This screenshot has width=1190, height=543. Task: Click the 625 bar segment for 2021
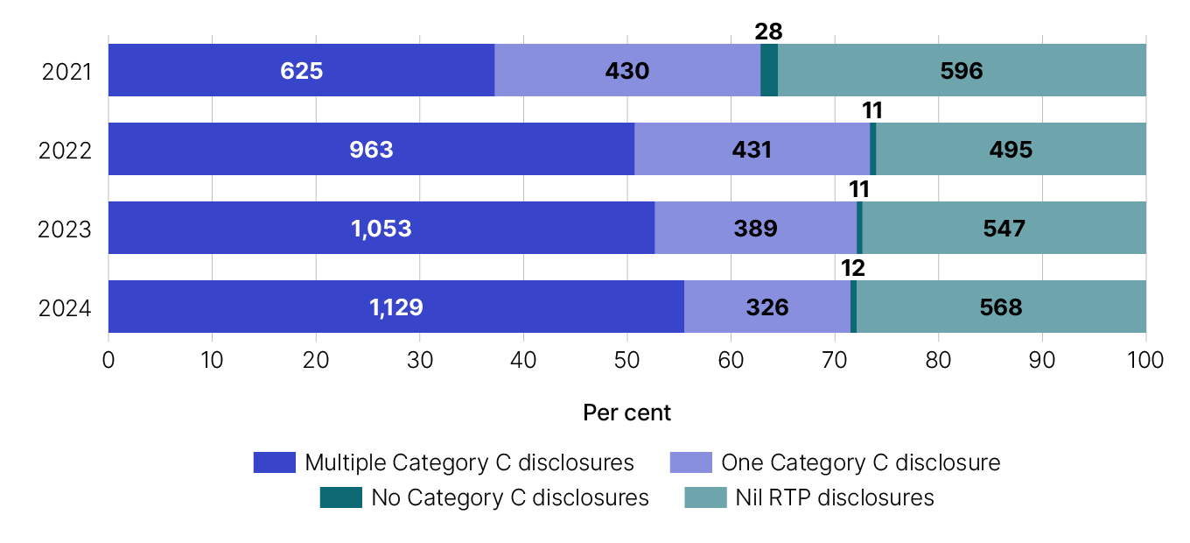[301, 70]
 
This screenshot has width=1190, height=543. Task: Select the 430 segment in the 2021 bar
[626, 70]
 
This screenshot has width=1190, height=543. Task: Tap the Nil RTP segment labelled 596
[962, 70]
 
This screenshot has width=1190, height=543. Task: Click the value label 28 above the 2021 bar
[768, 32]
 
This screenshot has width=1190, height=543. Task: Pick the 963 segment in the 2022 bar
[371, 149]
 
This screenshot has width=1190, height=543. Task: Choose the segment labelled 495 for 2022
[1011, 149]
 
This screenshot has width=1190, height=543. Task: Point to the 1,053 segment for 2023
[381, 228]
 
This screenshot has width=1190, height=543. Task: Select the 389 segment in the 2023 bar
[755, 228]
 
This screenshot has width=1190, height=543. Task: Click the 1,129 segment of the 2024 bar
[395, 307]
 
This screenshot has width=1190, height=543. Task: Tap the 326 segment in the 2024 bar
[766, 307]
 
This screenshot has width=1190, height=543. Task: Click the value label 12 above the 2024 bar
[853, 268]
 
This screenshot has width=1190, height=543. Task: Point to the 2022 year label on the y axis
[66, 150]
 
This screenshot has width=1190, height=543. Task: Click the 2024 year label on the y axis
[66, 307]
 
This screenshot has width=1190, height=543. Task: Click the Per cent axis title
[626, 413]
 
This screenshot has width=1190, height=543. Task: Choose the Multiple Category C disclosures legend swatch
[274, 462]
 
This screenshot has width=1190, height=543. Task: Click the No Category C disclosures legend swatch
[340, 497]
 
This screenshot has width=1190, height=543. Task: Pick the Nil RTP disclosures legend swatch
[704, 497]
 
